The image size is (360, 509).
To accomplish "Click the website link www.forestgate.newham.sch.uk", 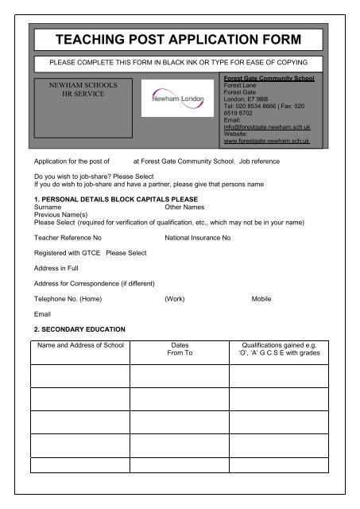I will [266, 142].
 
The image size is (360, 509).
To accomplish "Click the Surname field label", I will [48, 205].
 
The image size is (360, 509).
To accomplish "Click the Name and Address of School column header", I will [81, 347].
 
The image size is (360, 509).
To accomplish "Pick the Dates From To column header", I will [180, 352].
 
